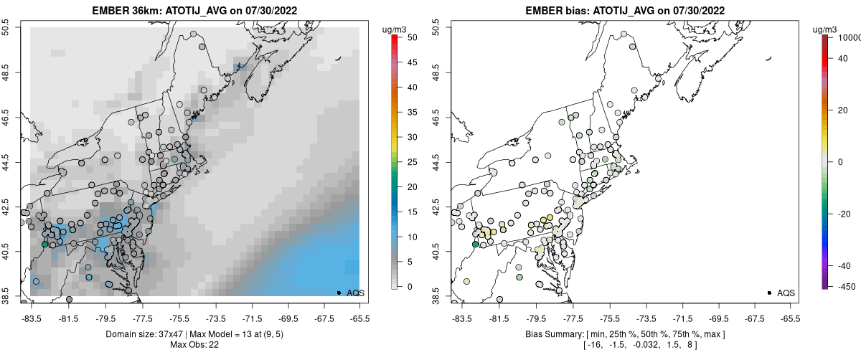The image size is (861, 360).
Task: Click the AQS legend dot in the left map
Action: [339, 293]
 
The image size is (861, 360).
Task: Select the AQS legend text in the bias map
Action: [786, 293]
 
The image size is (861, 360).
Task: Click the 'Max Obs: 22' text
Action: [194, 345]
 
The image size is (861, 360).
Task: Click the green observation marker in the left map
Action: [45, 245]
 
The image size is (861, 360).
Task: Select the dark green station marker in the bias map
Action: [475, 245]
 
